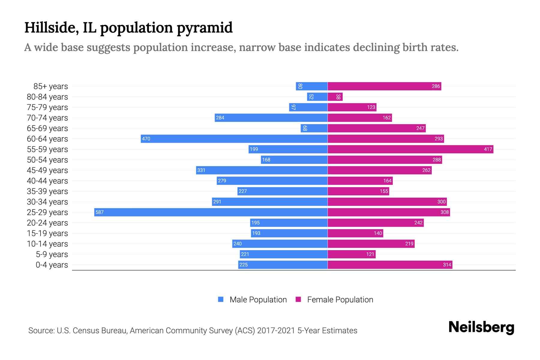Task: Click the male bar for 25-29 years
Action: tap(211, 212)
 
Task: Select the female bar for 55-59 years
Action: tap(410, 149)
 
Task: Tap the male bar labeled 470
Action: tap(234, 139)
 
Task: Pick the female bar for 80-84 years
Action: tap(335, 97)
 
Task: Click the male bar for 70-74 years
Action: tap(271, 118)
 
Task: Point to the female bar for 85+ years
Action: tap(384, 86)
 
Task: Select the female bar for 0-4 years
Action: tap(390, 265)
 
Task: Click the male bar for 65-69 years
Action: tap(314, 128)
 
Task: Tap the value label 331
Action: tap(201, 170)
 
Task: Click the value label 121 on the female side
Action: tap(370, 254)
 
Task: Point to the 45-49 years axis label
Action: tap(47, 170)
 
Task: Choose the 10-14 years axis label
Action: tap(47, 244)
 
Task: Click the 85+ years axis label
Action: tap(51, 86)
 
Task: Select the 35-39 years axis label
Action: tap(47, 191)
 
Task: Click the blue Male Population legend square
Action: tap(221, 299)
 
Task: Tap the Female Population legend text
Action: tap(340, 299)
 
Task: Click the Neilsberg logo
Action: tap(481, 327)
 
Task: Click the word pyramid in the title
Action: tap(204, 28)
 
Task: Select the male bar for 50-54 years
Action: tap(294, 160)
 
